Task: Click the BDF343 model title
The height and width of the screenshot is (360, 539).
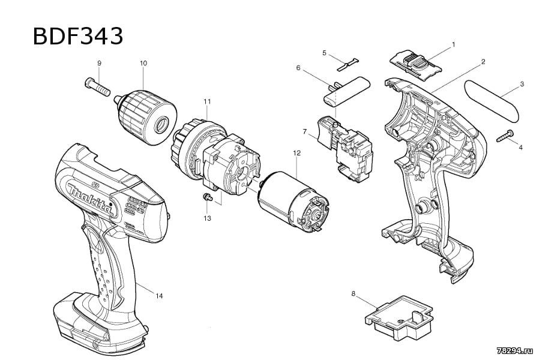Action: pyautogui.click(x=77, y=36)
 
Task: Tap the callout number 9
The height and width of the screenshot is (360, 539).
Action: pyautogui.click(x=100, y=63)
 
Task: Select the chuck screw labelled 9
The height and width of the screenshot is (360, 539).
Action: pyautogui.click(x=97, y=86)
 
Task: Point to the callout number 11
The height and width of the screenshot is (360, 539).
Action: pyautogui.click(x=206, y=101)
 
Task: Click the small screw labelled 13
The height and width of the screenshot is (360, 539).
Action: pyautogui.click(x=208, y=197)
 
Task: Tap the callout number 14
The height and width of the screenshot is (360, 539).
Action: pyautogui.click(x=159, y=296)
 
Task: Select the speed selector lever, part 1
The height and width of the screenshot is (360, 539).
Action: pyautogui.click(x=415, y=65)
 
